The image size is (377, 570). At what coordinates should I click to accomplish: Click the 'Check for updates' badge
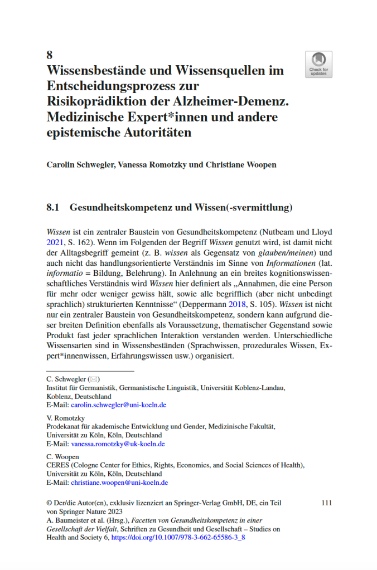(x=318, y=64)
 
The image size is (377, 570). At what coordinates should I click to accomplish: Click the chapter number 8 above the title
(x=50, y=55)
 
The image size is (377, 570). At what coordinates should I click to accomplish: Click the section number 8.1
(x=54, y=208)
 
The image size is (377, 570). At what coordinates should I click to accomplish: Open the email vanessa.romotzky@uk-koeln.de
(x=118, y=444)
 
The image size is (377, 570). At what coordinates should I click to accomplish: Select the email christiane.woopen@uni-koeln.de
(x=119, y=483)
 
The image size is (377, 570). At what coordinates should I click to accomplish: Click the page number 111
(x=327, y=503)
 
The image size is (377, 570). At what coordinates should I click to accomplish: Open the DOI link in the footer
(x=178, y=538)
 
